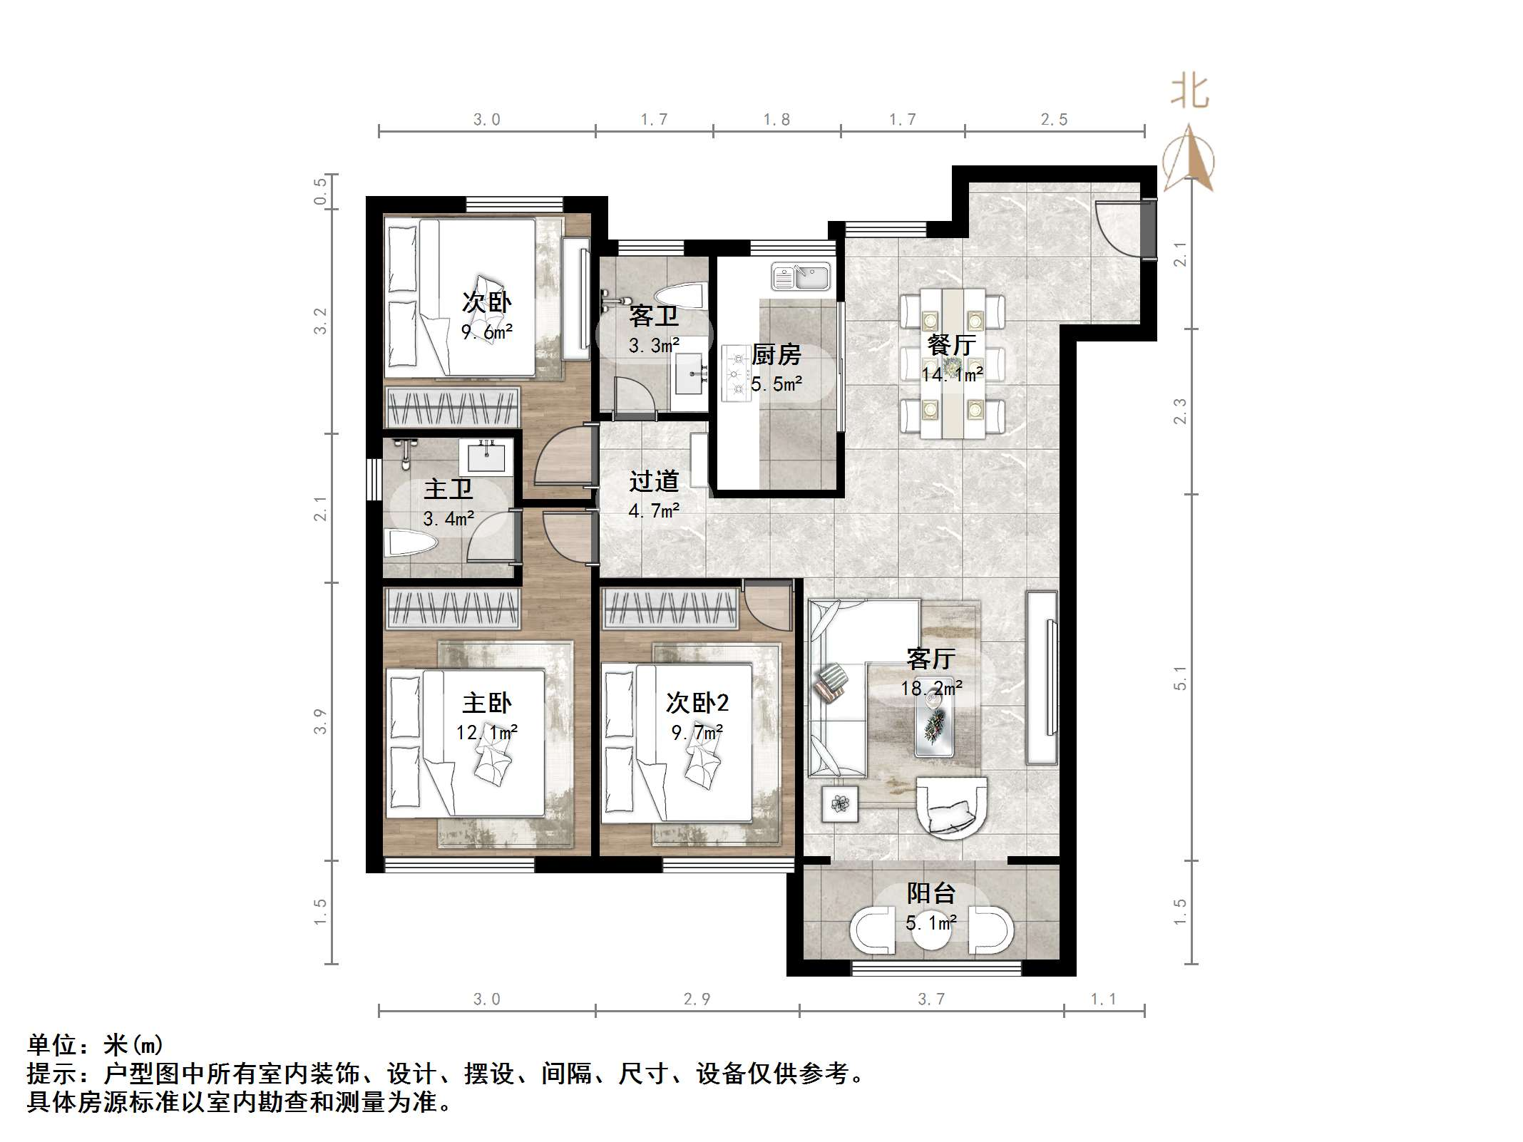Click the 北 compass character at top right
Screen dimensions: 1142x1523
[1189, 93]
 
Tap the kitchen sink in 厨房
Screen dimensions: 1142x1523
[801, 277]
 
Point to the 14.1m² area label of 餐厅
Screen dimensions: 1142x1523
[953, 374]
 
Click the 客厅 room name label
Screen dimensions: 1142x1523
[930, 658]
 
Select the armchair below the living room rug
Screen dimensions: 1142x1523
[952, 808]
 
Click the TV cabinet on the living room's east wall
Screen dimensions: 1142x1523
[1042, 677]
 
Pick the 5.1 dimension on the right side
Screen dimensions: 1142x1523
[1180, 677]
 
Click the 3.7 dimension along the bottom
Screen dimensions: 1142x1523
[931, 999]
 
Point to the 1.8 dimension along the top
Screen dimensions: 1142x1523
[776, 120]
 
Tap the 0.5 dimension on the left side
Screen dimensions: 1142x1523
[320, 191]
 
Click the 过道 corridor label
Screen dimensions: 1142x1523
[653, 482]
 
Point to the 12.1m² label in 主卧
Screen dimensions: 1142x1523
[487, 732]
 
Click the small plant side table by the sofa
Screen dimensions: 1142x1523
[840, 804]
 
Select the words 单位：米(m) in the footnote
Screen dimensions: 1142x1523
[96, 1045]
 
